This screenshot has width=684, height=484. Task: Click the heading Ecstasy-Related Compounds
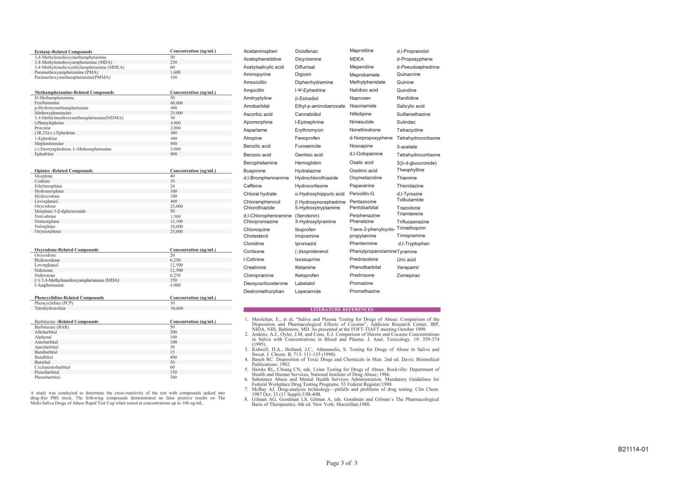(63, 52)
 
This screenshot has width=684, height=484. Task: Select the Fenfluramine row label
(47, 103)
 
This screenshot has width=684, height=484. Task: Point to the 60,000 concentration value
(176, 103)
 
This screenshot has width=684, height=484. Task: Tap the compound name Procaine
(42, 128)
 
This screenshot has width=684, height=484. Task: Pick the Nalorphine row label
(45, 226)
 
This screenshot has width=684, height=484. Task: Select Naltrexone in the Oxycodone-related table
(45, 275)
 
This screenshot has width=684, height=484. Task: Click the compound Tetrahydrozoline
(50, 308)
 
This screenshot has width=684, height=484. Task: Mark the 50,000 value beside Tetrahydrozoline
(177, 308)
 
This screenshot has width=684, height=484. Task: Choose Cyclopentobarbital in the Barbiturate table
(52, 367)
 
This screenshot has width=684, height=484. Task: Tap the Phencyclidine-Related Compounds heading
(69, 298)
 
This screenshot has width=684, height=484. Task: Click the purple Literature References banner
(342, 310)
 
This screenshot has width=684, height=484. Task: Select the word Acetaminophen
(260, 51)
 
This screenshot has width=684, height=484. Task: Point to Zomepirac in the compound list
(408, 276)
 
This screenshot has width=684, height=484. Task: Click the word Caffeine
(253, 186)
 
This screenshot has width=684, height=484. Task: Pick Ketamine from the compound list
(305, 267)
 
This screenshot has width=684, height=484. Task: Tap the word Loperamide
(308, 291)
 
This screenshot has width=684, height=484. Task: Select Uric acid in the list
(406, 259)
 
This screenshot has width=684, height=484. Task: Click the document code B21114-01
(633, 449)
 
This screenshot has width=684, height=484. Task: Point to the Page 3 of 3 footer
(342, 463)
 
